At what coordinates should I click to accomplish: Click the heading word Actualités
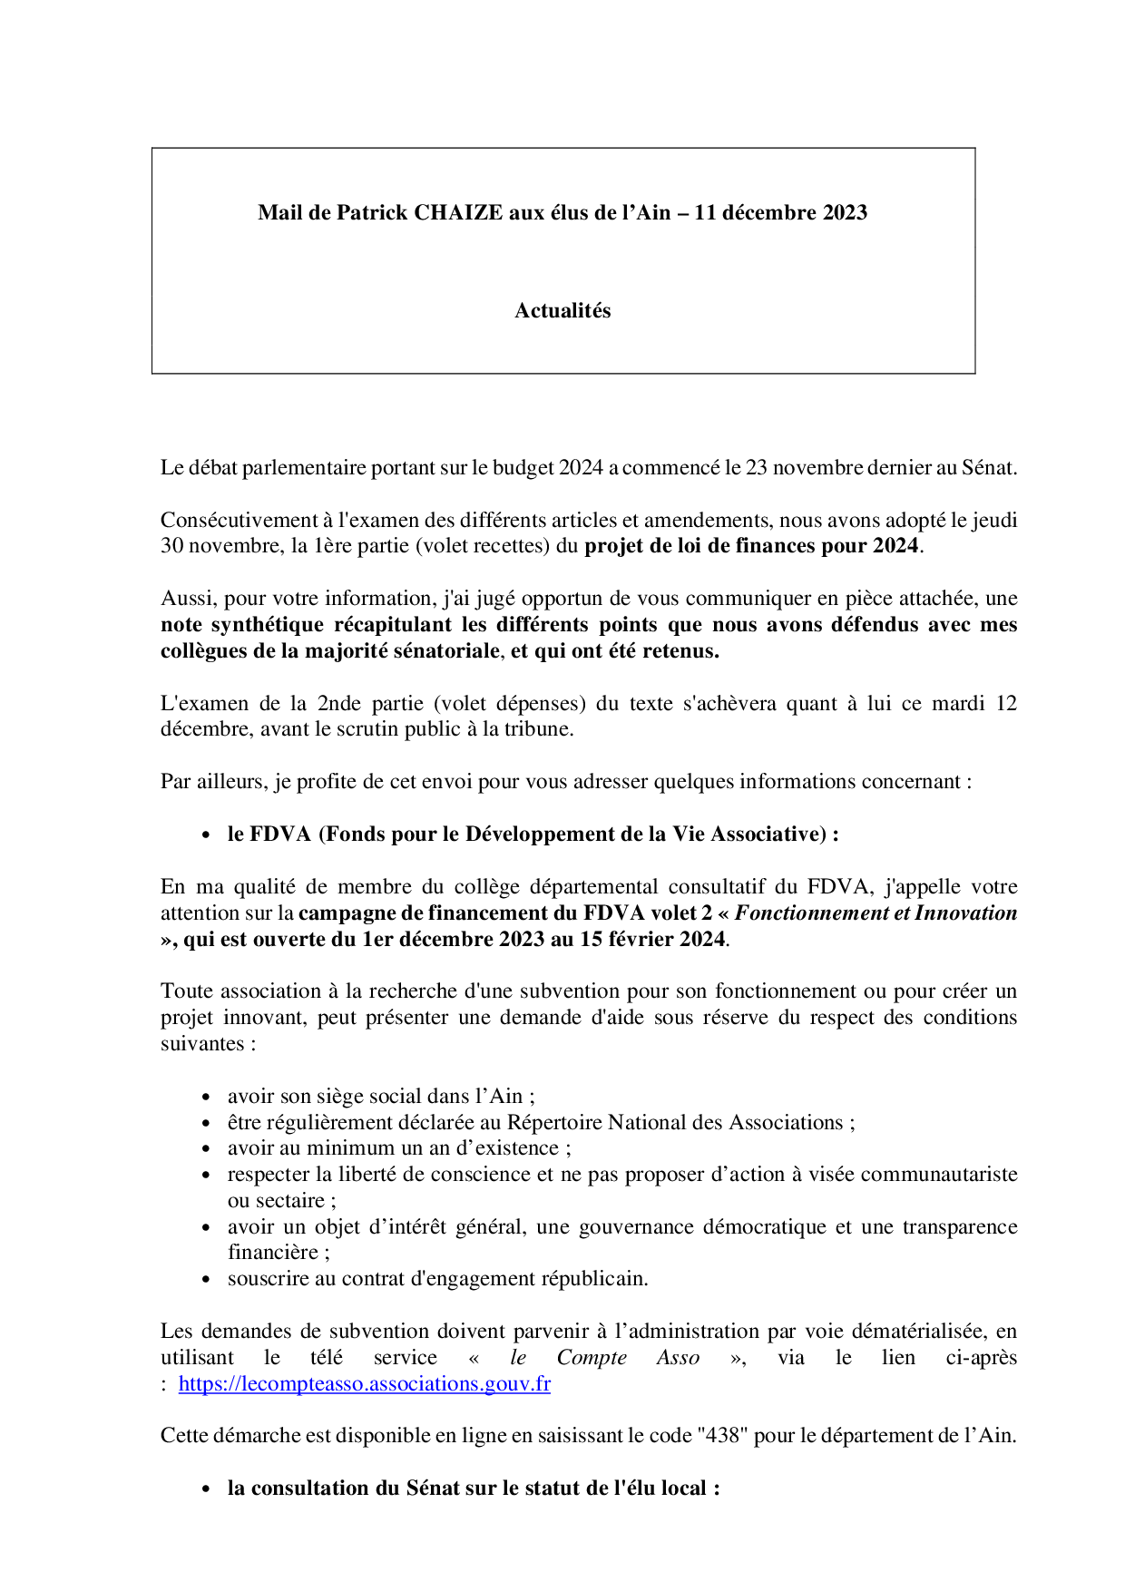click(562, 311)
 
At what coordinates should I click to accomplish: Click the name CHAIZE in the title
click(458, 212)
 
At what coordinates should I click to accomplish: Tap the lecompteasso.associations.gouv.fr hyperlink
click(364, 1384)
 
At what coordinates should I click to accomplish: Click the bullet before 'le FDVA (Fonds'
click(207, 835)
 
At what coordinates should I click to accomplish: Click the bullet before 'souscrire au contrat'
click(207, 1280)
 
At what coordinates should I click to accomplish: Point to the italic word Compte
click(592, 1358)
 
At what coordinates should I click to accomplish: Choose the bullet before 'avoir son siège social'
click(207, 1097)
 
